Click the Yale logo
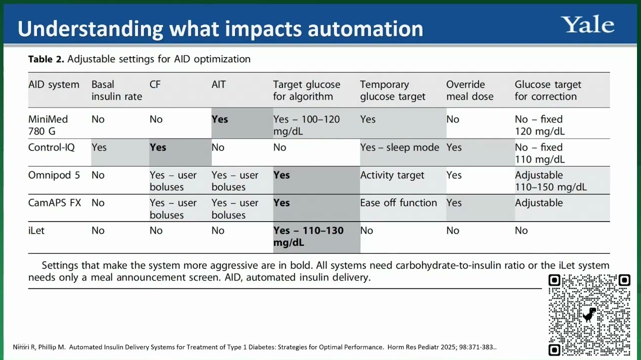point(587,24)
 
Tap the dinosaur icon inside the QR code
point(589,315)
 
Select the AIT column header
point(218,84)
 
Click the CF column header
point(155,84)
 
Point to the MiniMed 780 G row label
point(48,125)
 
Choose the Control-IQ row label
point(51,147)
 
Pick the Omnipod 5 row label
point(54,175)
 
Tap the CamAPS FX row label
point(54,202)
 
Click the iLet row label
point(36,230)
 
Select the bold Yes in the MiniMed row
point(220,119)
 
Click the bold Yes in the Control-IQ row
point(157,147)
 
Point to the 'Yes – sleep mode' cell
point(399,147)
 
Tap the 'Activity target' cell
point(392,175)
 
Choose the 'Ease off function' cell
point(398,202)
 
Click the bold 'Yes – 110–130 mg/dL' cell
point(308,236)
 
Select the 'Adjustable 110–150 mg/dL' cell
point(551,181)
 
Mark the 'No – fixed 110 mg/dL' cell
point(540,153)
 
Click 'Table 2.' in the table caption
point(46,59)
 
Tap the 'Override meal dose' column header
point(470,90)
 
